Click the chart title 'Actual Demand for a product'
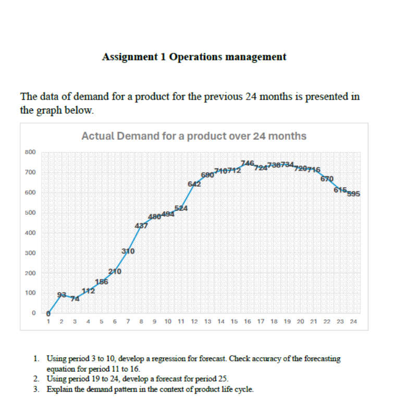click(x=194, y=136)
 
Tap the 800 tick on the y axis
click(x=30, y=152)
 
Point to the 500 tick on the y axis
click(x=30, y=213)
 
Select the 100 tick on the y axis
click(x=30, y=293)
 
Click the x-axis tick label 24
click(x=353, y=322)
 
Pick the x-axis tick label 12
click(x=194, y=322)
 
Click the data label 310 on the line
click(x=129, y=251)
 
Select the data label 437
click(x=141, y=226)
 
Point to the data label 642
click(x=194, y=184)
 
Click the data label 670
click(x=327, y=179)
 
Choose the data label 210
click(x=115, y=271)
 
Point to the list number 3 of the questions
click(x=35, y=389)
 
